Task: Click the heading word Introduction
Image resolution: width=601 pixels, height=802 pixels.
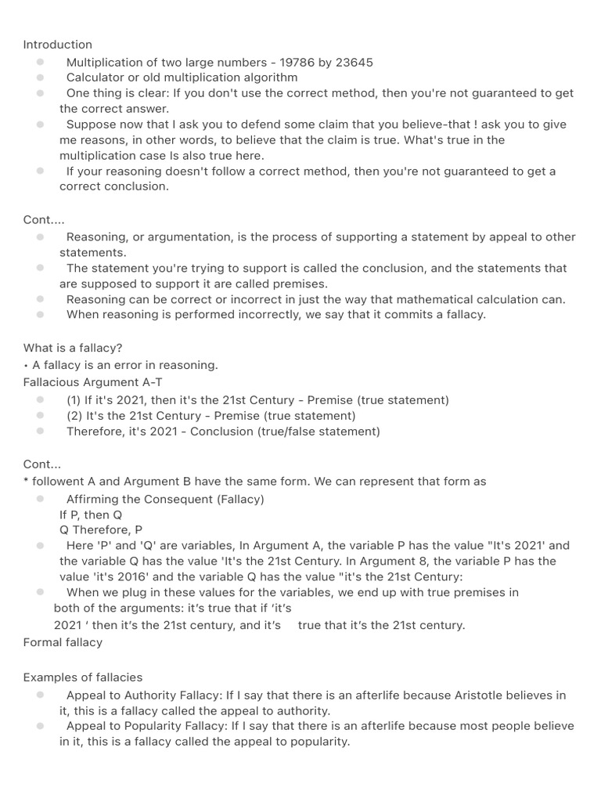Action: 57,45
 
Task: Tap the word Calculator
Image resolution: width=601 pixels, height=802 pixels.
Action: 95,78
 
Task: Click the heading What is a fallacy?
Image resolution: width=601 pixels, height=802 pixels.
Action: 73,348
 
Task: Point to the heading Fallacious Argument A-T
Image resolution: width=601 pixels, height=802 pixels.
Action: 93,382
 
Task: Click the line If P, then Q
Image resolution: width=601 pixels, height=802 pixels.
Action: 91,515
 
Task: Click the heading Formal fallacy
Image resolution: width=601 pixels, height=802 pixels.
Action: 63,642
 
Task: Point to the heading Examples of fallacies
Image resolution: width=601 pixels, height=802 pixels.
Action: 83,677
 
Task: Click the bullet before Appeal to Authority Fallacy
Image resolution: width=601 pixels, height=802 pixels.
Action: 39,695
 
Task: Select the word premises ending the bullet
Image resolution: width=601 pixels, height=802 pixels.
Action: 303,284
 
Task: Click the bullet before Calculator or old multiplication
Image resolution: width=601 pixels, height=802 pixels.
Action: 39,78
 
